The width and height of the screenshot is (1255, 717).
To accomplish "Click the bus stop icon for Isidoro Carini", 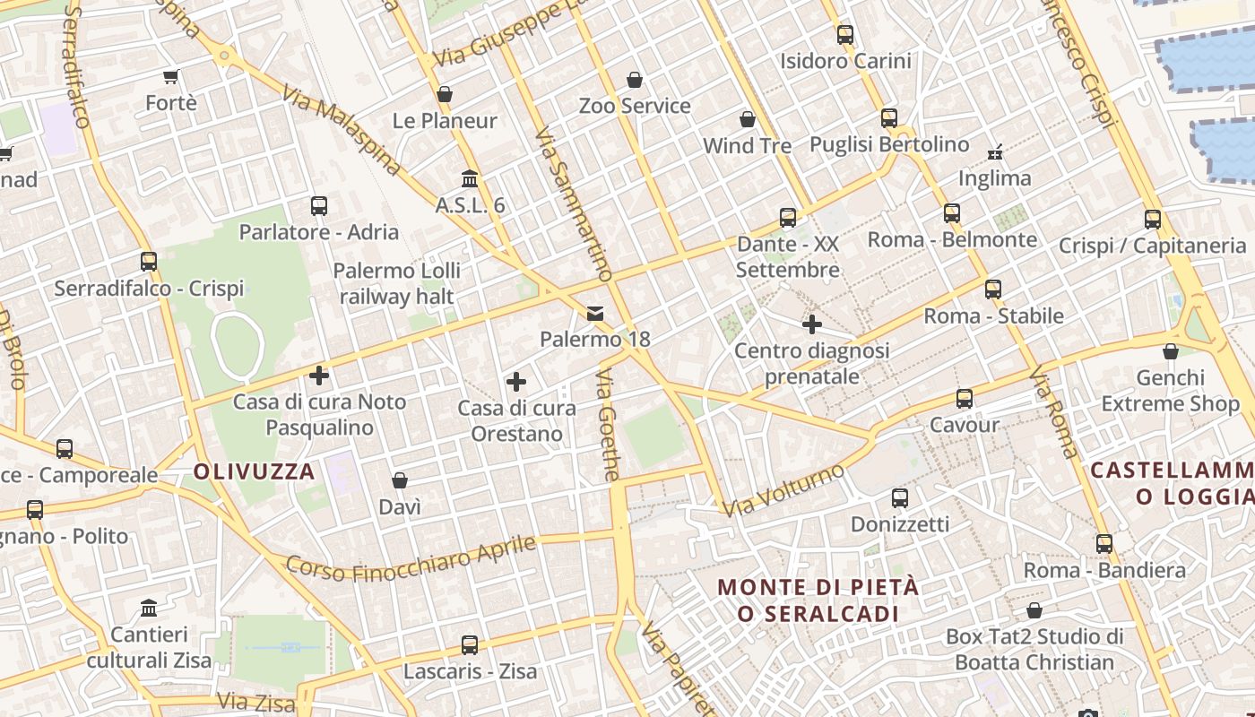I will (845, 35).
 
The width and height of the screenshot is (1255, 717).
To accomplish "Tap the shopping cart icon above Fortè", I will (170, 77).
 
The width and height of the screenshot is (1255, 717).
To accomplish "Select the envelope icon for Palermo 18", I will (594, 314).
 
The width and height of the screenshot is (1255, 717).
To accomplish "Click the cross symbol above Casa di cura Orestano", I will (516, 382).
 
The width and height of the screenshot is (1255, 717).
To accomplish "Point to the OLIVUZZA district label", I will (255, 471).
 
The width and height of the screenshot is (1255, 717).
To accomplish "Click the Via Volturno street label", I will (783, 490).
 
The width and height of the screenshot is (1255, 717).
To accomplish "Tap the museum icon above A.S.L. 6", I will (470, 178).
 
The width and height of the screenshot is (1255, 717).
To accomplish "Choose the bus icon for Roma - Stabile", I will (993, 289).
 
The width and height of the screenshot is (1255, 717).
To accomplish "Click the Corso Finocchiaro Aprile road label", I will (411, 558).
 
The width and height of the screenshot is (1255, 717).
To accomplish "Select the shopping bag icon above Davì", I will (400, 481).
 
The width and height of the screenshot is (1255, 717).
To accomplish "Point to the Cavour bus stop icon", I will (965, 399).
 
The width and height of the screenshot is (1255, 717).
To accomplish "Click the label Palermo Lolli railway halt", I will (396, 283).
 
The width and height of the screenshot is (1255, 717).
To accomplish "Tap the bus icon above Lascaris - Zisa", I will (470, 644).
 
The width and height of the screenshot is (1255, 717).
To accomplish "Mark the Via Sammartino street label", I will (573, 204).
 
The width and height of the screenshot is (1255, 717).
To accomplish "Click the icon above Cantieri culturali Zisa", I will (149, 609).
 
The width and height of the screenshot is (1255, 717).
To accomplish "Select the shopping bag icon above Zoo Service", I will (635, 80).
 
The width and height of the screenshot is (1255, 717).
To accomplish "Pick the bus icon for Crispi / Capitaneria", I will (1153, 219).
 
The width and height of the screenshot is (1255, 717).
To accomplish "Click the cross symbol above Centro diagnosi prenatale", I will (812, 324).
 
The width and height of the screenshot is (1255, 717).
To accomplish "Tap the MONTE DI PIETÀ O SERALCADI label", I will (818, 600).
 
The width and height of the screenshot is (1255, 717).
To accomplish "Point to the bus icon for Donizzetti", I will (900, 497).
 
